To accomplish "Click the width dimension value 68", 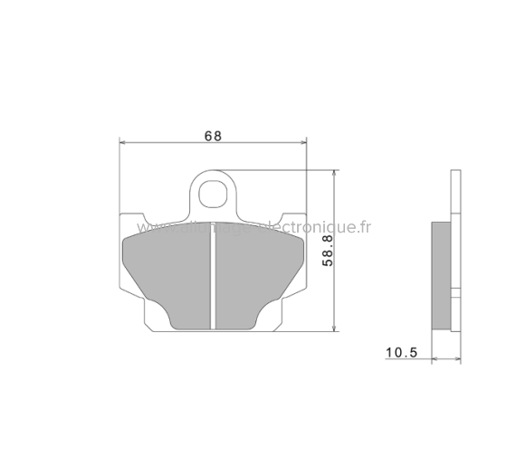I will click(213, 136).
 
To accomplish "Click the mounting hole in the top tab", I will click(214, 192).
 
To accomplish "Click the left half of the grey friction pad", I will click(167, 271).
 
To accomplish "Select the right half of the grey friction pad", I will click(258, 271).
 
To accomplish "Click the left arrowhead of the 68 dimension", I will click(124, 143).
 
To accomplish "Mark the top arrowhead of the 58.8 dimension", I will click(336, 173).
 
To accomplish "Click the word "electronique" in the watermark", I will click(308, 227).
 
